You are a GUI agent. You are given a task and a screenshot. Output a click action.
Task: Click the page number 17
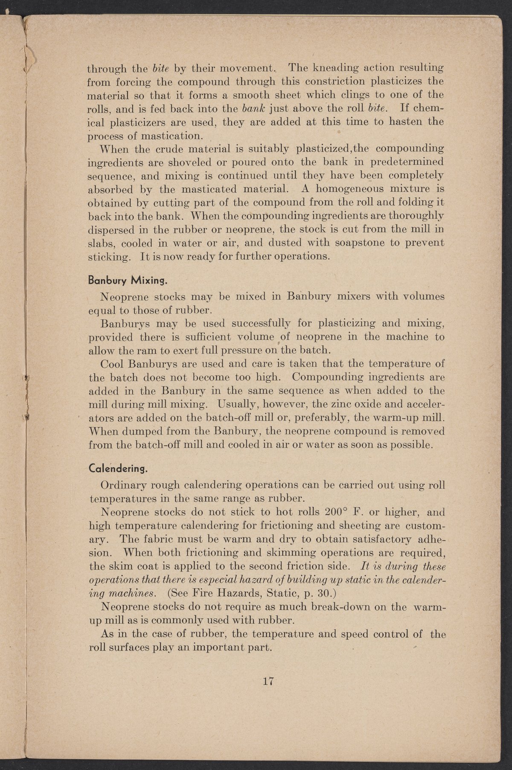[268, 680]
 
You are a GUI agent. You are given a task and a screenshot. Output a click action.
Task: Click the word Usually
[237, 403]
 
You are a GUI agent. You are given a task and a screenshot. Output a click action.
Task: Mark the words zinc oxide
[363, 403]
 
